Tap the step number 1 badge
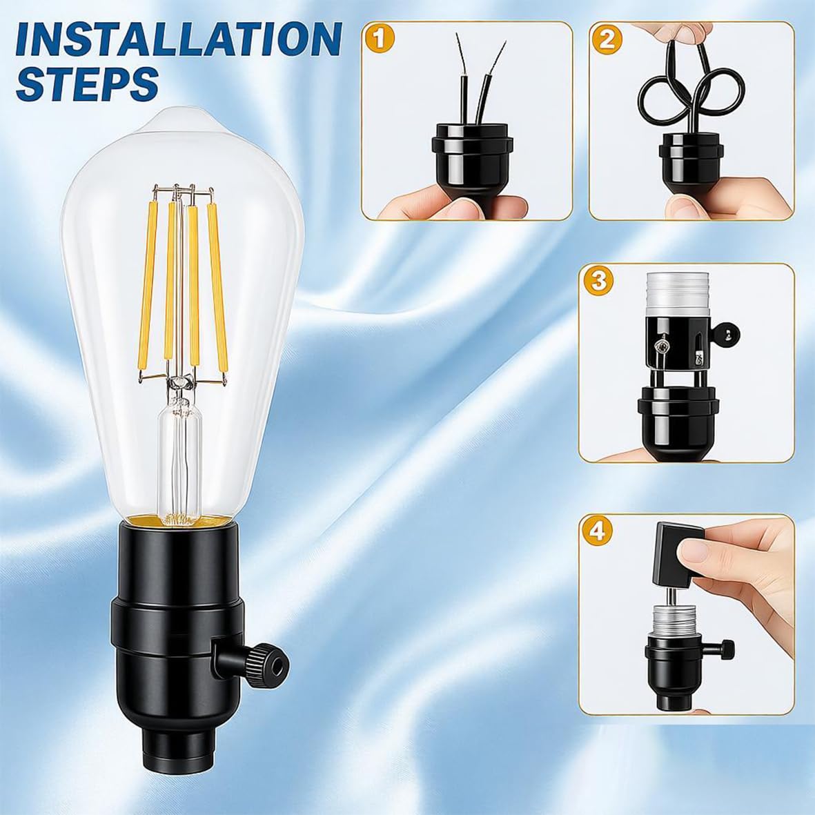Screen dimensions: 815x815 [380, 39]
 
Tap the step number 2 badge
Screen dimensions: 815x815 [607, 39]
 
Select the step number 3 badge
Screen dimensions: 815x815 [598, 281]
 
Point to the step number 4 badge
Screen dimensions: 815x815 [597, 531]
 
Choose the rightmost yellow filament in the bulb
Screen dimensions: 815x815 [217, 288]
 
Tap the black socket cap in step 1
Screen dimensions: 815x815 [472, 159]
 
